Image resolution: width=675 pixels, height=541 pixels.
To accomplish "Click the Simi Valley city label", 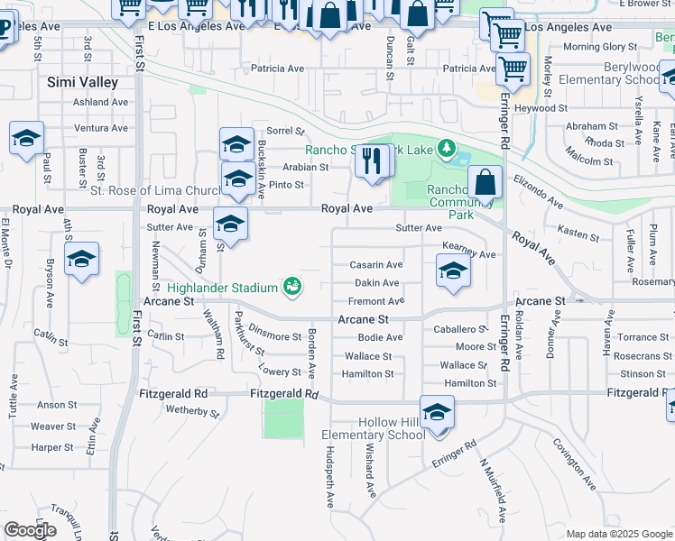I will (x=82, y=82).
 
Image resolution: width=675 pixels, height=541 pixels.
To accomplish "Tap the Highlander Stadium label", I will (x=222, y=288).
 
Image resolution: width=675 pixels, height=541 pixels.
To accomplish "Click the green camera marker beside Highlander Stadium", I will (x=291, y=287).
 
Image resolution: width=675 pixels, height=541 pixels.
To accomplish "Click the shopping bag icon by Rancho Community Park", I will (x=485, y=182).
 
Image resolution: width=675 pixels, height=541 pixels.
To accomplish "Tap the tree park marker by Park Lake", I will (x=445, y=147).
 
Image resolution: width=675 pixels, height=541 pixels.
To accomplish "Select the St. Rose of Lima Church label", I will (x=155, y=191).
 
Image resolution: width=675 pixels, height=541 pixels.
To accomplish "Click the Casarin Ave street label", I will (x=375, y=265).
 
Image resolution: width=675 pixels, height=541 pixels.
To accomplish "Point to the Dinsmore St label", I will (x=274, y=336).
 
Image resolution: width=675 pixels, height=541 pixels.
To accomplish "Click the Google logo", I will (x=30, y=530).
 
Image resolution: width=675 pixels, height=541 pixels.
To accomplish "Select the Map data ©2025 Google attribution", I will (x=619, y=534).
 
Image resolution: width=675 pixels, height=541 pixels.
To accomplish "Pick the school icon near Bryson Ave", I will (x=81, y=261).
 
